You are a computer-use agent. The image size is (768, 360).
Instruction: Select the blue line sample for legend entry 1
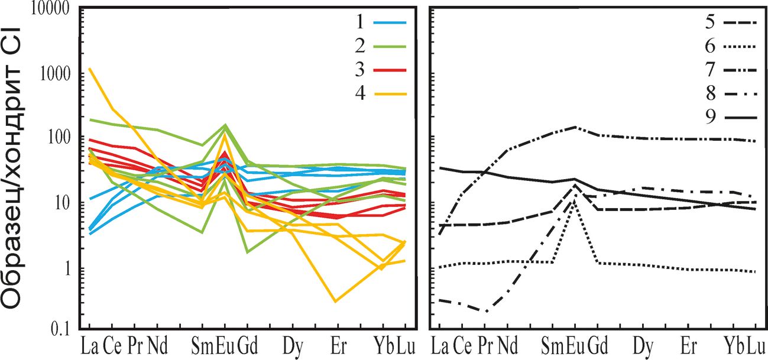coord(390,22)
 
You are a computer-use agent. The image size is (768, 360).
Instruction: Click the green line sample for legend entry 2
coord(390,46)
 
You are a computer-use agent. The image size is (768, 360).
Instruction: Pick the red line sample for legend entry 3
coord(390,70)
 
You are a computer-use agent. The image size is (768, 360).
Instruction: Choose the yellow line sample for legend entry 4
coord(390,93)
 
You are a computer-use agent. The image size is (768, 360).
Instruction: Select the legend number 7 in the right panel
coord(709,70)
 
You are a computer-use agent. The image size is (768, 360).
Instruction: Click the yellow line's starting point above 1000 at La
coord(90,69)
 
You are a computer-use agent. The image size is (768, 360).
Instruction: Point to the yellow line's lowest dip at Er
coord(336,301)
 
